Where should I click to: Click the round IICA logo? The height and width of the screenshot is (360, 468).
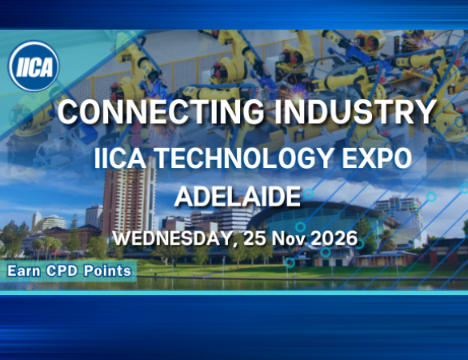pos(34,66)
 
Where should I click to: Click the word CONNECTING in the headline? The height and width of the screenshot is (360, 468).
pos(161,112)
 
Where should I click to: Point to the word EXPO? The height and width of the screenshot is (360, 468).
pos(377,158)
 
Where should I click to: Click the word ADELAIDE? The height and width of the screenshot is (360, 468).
pos(238,197)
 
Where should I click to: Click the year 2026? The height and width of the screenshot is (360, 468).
pos(334,238)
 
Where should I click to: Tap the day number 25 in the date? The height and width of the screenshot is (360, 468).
pos(254,238)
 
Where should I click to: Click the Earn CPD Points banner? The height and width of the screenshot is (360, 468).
pos(68,271)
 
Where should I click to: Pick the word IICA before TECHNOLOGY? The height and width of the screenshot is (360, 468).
pos(120,158)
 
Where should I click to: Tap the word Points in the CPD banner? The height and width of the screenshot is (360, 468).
pos(107,271)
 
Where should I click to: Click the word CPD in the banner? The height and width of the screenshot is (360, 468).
pos(62,271)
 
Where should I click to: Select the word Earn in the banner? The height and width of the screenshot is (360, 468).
pos(24,271)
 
